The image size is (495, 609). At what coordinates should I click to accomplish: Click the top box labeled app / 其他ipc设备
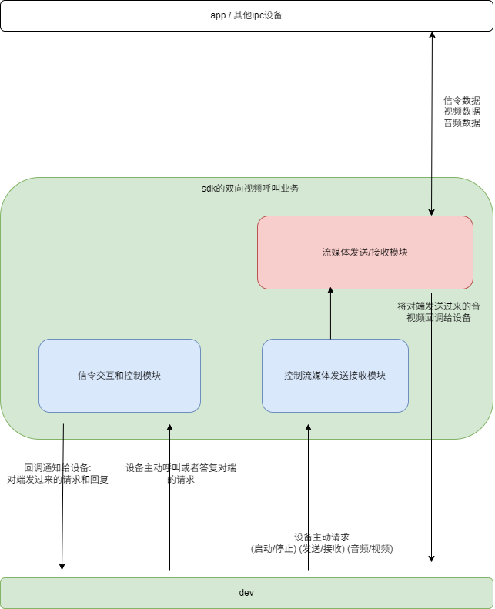(246, 15)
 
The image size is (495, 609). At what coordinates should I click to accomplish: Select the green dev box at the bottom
(246, 593)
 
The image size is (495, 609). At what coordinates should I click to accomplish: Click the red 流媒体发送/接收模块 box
(365, 253)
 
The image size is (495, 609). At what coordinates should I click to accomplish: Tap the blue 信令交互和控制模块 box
(119, 376)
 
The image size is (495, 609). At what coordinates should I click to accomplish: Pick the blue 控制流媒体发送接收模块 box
(335, 376)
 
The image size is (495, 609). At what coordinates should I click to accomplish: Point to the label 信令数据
(462, 101)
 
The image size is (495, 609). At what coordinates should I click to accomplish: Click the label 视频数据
(462, 112)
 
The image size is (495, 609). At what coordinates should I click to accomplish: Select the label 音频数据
(462, 122)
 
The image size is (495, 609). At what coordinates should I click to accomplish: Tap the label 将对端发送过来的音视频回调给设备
(439, 312)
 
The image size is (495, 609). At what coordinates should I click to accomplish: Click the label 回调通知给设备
(58, 467)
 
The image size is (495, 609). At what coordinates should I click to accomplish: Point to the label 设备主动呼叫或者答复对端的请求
(181, 473)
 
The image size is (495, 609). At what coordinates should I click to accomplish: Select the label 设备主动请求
(322, 537)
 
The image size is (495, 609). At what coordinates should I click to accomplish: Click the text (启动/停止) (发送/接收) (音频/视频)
(322, 549)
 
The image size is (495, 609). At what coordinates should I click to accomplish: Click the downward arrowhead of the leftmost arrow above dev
(62, 566)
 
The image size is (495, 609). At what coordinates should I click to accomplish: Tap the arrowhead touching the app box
(432, 35)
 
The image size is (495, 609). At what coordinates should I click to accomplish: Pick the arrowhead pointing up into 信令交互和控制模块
(170, 428)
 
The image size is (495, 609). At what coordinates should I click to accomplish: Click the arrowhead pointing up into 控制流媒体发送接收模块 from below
(309, 428)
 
